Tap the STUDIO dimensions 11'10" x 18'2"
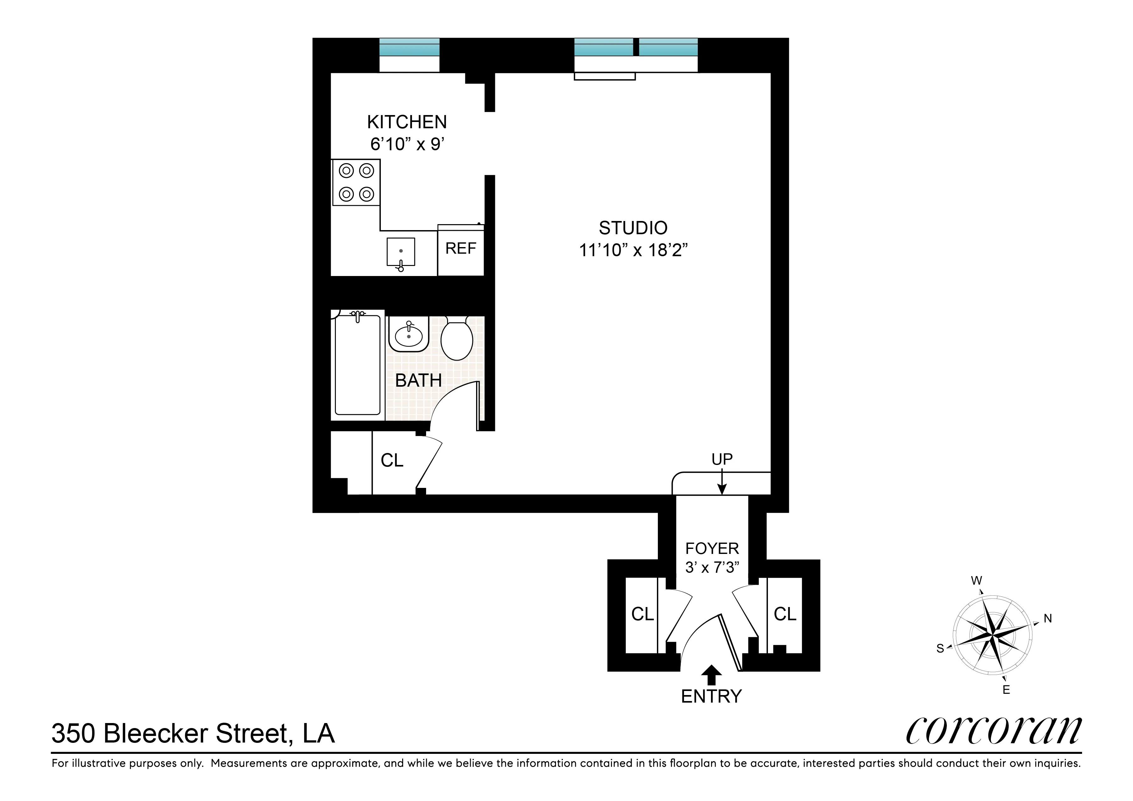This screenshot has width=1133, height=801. point(633,251)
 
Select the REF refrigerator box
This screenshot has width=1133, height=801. point(460,249)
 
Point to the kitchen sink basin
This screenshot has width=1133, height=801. point(401,251)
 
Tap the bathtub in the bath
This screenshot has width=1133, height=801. point(357,365)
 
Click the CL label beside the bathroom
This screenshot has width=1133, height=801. point(392,460)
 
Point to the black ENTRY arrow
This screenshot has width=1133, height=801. point(711,675)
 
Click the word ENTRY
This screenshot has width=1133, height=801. point(711,696)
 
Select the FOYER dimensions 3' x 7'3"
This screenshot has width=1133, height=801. point(712,568)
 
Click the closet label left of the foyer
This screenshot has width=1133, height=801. point(642,614)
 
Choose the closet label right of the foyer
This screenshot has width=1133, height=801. point(785,614)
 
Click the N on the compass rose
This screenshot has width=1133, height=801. point(1048,618)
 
